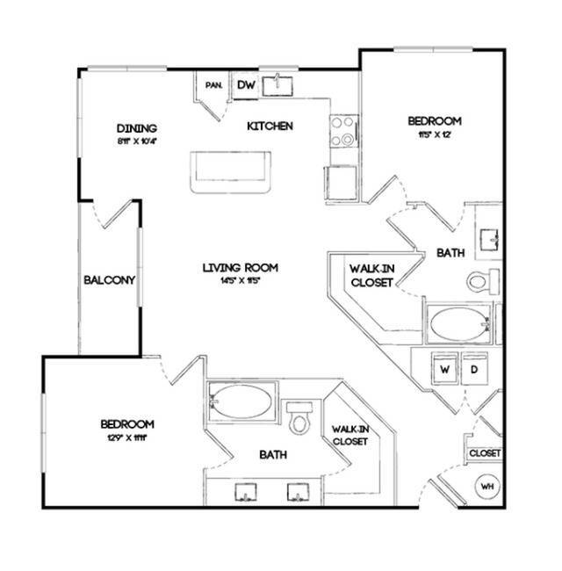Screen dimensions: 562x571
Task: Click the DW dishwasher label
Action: pos(245,84)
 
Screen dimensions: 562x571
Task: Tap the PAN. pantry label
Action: pos(213,85)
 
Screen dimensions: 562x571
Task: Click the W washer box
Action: pos(445,370)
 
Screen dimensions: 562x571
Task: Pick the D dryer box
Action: pos(473,370)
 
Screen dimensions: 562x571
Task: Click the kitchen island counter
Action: pos(232,170)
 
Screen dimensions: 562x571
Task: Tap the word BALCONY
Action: pos(108,281)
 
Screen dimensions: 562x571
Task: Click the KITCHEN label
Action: pos(269,126)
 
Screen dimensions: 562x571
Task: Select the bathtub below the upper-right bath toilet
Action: pos(459,324)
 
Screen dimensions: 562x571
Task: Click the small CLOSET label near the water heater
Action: pos(485,452)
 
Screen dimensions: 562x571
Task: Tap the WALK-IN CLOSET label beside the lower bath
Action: pos(348,435)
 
